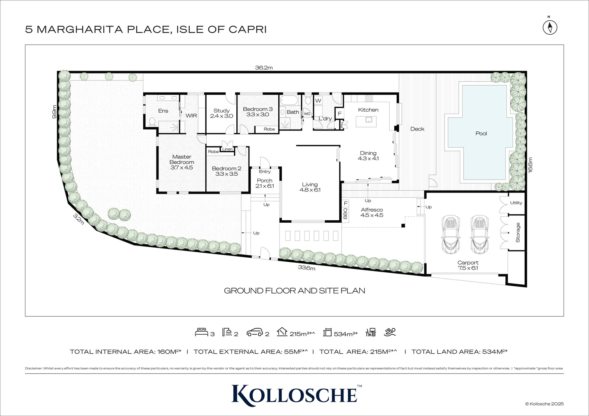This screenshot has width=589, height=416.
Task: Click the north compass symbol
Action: [550, 27]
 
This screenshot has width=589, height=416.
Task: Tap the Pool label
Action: [481, 134]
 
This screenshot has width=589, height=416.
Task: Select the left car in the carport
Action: [451, 235]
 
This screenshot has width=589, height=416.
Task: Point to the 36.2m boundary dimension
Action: [264, 68]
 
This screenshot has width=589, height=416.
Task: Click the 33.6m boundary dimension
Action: [306, 268]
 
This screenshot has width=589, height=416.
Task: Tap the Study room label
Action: [221, 111]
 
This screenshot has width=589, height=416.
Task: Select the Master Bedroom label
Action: [182, 159]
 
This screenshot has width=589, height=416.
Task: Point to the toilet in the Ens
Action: [152, 122]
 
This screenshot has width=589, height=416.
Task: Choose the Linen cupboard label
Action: [227, 149]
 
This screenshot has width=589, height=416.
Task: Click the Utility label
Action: [516, 203]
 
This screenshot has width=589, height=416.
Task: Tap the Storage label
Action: [518, 232]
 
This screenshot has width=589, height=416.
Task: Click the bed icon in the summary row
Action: [202, 332]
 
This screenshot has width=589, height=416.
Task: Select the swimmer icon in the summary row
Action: [390, 332]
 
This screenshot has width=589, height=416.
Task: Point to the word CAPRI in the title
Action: [248, 30]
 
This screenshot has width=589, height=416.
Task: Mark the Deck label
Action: [417, 129]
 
